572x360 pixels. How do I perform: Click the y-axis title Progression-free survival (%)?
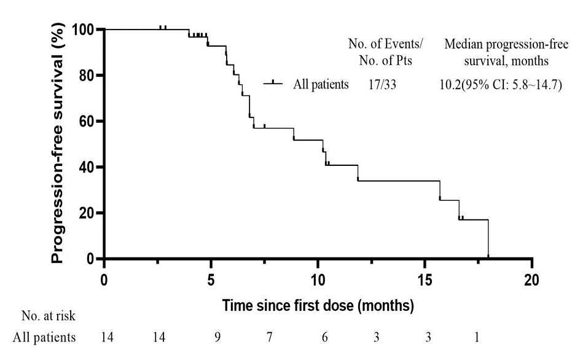pos(58,144)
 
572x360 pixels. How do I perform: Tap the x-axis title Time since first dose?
pos(318,305)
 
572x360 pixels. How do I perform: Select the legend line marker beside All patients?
pos(273,84)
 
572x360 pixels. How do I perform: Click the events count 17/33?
pos(382,85)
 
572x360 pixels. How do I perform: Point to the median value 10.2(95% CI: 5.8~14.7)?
pos(498,85)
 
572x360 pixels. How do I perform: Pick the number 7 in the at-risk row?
pos(270,337)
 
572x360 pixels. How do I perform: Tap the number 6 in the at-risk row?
pos(324,337)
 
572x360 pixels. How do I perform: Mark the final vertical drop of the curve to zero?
pos(488,239)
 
